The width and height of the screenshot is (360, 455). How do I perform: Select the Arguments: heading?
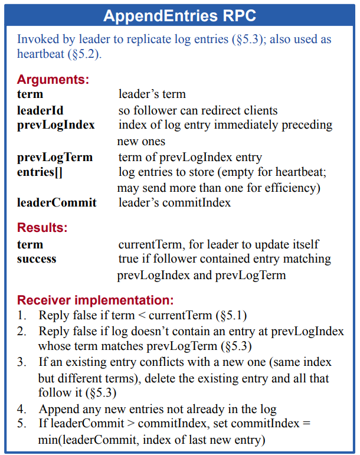click(x=53, y=79)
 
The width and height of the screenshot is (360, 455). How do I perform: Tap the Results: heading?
click(x=42, y=227)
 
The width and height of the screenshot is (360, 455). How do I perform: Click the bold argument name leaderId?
click(x=40, y=110)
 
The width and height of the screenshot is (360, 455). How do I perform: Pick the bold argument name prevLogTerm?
click(x=55, y=157)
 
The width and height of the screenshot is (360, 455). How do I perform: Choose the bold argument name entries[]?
click(x=40, y=172)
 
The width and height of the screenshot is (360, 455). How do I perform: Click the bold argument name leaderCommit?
click(x=57, y=202)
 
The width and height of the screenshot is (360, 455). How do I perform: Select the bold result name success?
click(x=37, y=258)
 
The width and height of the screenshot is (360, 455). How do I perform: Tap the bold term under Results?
click(x=30, y=244)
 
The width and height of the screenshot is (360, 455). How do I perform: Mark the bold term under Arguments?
click(x=30, y=94)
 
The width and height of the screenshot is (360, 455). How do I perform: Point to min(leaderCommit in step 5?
click(x=81, y=440)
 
